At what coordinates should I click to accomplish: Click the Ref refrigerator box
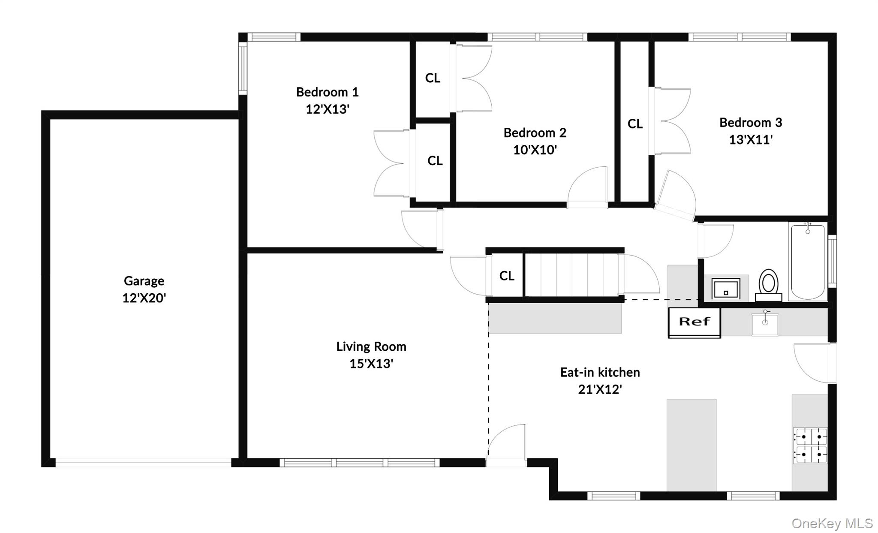(x=694, y=322)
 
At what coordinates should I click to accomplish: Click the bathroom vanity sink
(x=725, y=288)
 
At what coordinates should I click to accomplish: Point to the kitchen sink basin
(x=765, y=325)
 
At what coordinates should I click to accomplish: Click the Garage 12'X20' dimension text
(x=144, y=298)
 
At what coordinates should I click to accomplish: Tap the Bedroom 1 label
(x=327, y=92)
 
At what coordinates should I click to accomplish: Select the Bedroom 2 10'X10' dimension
(x=535, y=150)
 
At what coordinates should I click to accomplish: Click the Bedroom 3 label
(x=751, y=123)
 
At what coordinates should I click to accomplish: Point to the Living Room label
(x=371, y=346)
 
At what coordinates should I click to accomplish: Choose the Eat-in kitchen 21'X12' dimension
(x=600, y=389)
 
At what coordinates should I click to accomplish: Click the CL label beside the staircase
(x=507, y=276)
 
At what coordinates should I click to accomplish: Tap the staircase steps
(x=572, y=275)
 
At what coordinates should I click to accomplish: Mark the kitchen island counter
(x=691, y=444)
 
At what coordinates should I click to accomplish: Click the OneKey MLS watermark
(x=832, y=523)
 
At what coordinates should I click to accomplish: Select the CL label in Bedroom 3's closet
(x=635, y=124)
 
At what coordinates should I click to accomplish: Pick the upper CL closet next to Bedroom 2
(x=433, y=78)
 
